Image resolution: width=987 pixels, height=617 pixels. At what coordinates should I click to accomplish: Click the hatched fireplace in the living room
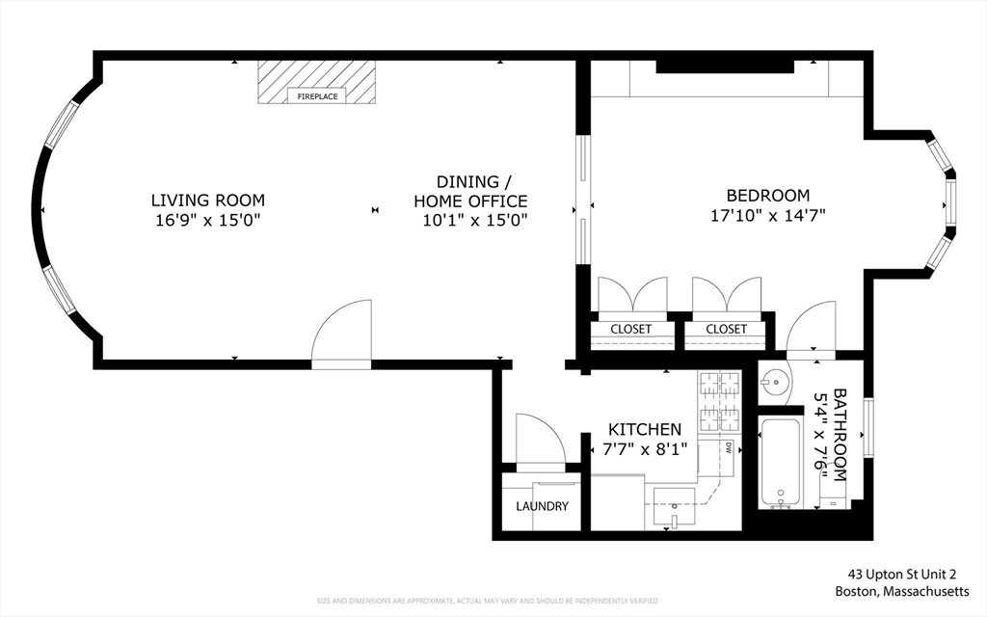pyautogui.click(x=316, y=82)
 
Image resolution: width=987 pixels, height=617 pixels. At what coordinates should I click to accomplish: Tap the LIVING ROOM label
pyautogui.click(x=207, y=201)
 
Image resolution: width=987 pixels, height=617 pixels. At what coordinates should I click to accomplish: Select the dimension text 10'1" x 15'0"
pyautogui.click(x=470, y=221)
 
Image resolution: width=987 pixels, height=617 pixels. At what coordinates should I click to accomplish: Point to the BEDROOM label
pyautogui.click(x=767, y=195)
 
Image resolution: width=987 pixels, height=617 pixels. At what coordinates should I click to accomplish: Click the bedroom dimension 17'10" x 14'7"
pyautogui.click(x=767, y=215)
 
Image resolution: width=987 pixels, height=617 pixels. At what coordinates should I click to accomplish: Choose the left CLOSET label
pyautogui.click(x=631, y=329)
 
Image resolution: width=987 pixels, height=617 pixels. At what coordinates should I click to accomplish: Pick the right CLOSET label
pyautogui.click(x=726, y=329)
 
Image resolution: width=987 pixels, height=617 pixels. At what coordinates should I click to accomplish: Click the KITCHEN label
pyautogui.click(x=644, y=429)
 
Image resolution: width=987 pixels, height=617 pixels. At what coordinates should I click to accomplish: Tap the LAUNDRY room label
pyautogui.click(x=542, y=506)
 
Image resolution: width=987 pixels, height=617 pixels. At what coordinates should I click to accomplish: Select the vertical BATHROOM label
pyautogui.click(x=839, y=434)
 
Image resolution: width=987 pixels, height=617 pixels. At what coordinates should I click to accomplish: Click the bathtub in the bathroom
pyautogui.click(x=781, y=462)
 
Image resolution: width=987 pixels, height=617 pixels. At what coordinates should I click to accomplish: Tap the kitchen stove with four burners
pyautogui.click(x=719, y=401)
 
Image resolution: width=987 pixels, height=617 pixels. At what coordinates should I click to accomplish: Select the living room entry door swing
pyautogui.click(x=342, y=333)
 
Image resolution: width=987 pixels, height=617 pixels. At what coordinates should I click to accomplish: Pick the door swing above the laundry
pyautogui.click(x=539, y=441)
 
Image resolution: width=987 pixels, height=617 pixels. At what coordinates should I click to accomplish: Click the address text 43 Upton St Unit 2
pyautogui.click(x=895, y=573)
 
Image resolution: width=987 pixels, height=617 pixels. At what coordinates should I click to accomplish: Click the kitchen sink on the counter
pyautogui.click(x=673, y=503)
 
